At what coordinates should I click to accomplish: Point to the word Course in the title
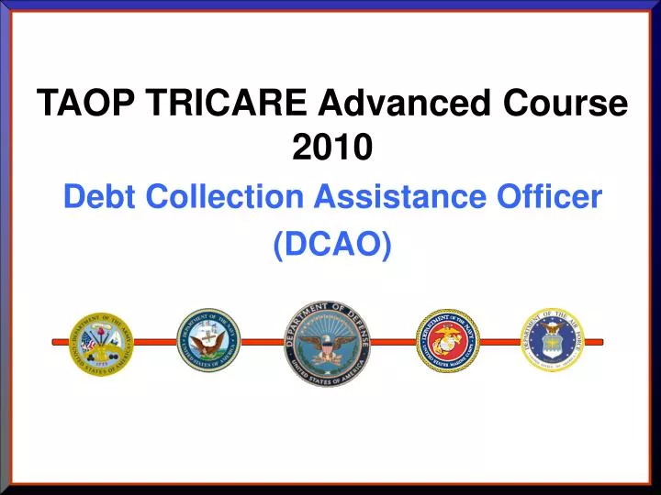[566, 104]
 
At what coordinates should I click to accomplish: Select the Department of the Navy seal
[208, 340]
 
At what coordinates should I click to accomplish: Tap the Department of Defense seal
[328, 343]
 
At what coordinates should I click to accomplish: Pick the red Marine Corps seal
[448, 340]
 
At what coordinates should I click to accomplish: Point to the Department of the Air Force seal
[553, 339]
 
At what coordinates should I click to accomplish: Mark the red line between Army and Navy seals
[154, 341]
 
